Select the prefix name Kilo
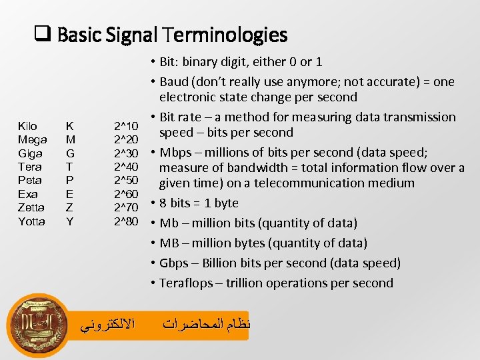coord(27,126)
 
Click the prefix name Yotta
coord(31,221)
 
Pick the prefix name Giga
coord(30,153)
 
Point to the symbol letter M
coord(69,139)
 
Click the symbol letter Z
coord(69,207)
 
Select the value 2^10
coord(126,126)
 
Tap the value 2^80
coord(126,221)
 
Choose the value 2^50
coord(126,180)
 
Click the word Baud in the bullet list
coord(174,82)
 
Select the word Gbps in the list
coord(174,263)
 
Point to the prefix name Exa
coord(27,194)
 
